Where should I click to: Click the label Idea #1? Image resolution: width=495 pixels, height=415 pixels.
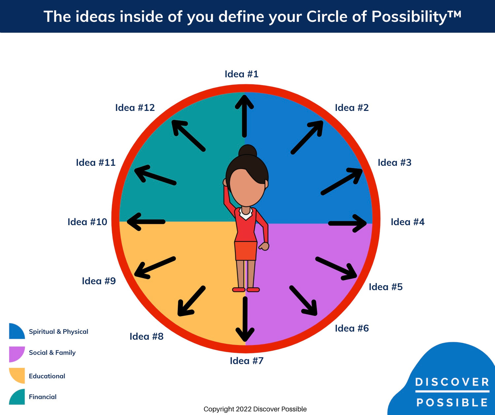[x=241, y=74]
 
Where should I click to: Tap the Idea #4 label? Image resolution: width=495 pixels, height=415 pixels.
[x=407, y=222]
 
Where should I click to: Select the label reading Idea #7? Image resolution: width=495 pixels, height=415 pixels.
[x=247, y=361]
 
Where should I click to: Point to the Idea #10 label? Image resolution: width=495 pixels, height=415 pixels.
[x=87, y=222]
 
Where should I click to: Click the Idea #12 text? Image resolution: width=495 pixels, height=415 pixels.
[x=135, y=108]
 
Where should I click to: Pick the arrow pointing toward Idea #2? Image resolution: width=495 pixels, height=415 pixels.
[x=307, y=137]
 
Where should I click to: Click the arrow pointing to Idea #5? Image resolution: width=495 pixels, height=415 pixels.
[x=336, y=267]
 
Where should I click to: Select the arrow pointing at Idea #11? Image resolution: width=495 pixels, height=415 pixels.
[x=155, y=175]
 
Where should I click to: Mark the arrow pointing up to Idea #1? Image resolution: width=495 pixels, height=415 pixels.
[x=244, y=116]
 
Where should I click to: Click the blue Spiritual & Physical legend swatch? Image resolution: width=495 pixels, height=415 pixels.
[x=16, y=331]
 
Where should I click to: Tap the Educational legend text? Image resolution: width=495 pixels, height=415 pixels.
[x=47, y=376]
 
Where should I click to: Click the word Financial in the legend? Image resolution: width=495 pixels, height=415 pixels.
[x=43, y=397]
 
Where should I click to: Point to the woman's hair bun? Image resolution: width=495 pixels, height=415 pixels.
[x=247, y=151]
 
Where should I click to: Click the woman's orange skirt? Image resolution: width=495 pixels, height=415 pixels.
[x=246, y=251]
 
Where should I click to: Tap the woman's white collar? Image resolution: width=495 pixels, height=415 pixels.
[x=246, y=214]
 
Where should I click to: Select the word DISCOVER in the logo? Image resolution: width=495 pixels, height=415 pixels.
[x=452, y=382]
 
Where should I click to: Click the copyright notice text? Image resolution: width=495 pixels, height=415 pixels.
[x=255, y=409]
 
